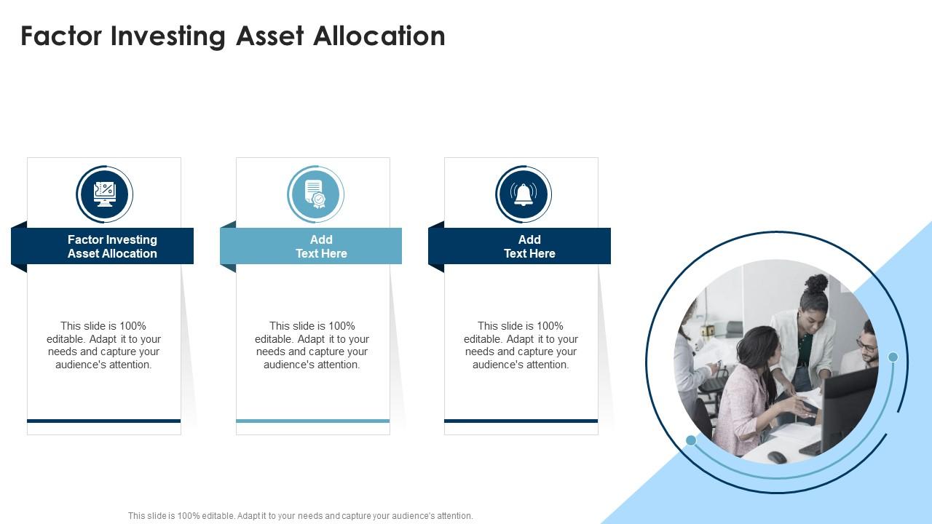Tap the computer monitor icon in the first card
pos(104,194)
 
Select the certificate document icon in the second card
pos(315,194)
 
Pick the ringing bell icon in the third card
pos(524,194)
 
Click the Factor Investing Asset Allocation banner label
pos(112,246)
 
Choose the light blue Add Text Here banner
pos(320,246)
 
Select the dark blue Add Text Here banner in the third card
pos(529,246)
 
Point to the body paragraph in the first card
pos(103,345)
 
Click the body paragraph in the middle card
pos(312,345)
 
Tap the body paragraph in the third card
pos(521,345)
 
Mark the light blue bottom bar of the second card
pos(312,421)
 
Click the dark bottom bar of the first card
pos(103,421)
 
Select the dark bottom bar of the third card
pos(521,421)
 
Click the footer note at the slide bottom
pos(300,515)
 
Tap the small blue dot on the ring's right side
pos(893,357)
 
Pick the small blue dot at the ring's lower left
pos(691,440)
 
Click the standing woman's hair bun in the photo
pos(818,282)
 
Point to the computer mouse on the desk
pos(776,456)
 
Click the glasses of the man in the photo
pos(865,345)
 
